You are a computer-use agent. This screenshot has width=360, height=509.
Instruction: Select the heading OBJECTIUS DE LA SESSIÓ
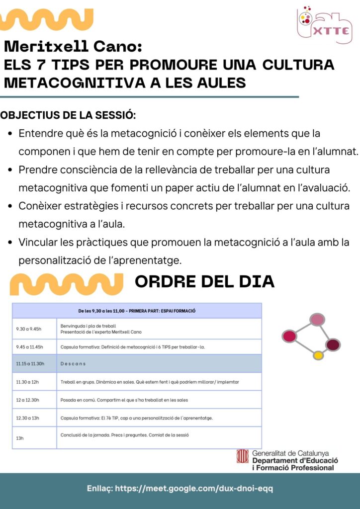pos(68,115)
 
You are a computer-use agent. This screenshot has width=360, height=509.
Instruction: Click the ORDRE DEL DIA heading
pos(204,281)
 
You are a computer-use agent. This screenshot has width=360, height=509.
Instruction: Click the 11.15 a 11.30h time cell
pos(30,363)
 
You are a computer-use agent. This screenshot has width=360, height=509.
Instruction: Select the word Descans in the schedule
pos(73,363)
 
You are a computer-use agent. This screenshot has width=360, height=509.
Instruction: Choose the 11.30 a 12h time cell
pos(27,382)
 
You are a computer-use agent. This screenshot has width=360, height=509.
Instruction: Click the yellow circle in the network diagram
pos(318,355)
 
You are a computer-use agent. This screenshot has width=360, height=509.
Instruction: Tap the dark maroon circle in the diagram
pos(333,344)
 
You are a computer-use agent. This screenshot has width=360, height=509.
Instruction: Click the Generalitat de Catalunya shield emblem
pos(243,457)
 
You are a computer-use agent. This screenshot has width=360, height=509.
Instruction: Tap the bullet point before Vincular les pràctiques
pos(10,243)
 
